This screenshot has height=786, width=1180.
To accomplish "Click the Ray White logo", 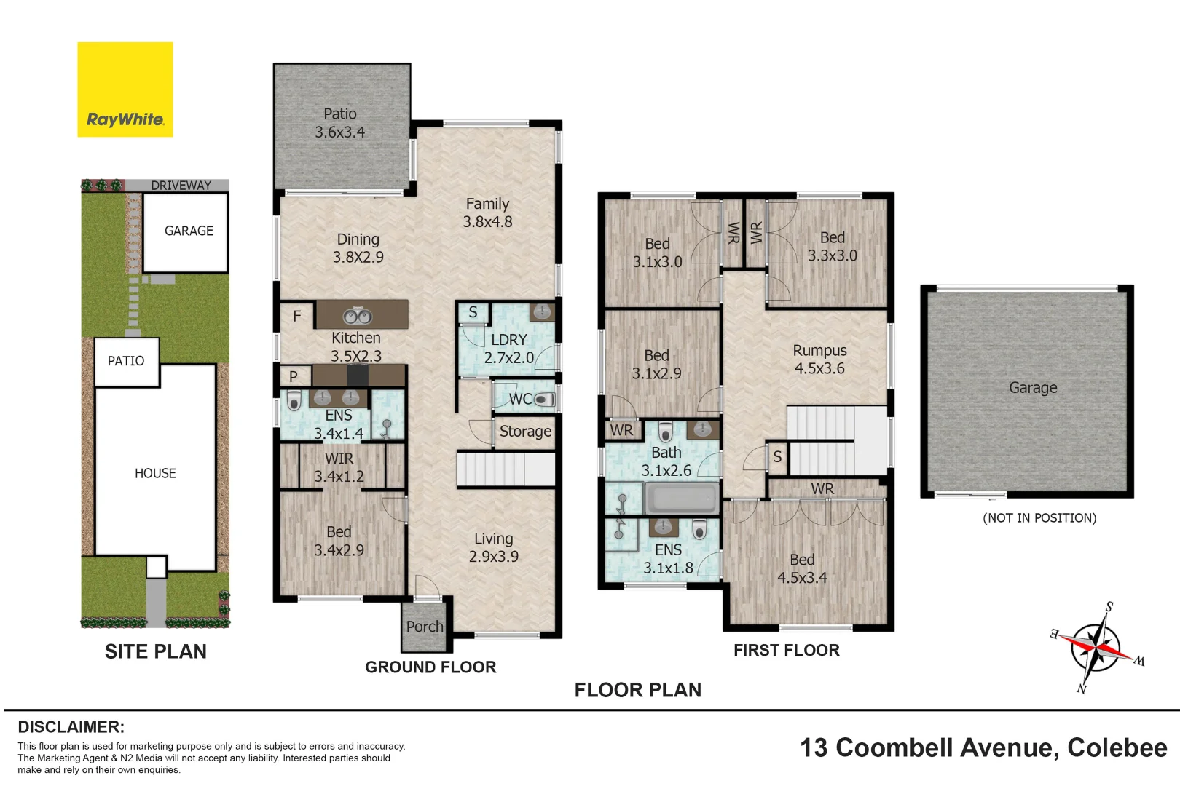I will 125,90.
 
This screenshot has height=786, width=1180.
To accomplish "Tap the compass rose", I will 1097,646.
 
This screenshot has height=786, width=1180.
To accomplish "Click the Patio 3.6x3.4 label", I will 340,123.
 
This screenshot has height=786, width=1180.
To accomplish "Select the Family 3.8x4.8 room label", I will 487,213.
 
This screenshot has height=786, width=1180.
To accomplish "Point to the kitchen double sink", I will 358,316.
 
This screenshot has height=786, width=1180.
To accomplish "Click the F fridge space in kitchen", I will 297,316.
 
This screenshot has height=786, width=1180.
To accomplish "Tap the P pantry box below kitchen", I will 294,376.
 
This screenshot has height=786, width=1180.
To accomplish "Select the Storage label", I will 525,432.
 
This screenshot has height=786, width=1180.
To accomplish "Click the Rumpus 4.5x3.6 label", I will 819,360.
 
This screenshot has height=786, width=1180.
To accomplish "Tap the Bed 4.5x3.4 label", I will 802,568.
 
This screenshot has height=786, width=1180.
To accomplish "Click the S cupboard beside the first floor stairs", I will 777,457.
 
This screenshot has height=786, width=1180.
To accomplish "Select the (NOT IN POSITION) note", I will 1039,518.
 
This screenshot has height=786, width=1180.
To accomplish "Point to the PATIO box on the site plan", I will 126,362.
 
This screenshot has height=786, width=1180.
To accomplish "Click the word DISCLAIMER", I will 71,727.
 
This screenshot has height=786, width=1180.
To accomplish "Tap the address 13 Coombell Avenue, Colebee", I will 983,747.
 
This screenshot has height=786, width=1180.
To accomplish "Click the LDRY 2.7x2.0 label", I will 508,349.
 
